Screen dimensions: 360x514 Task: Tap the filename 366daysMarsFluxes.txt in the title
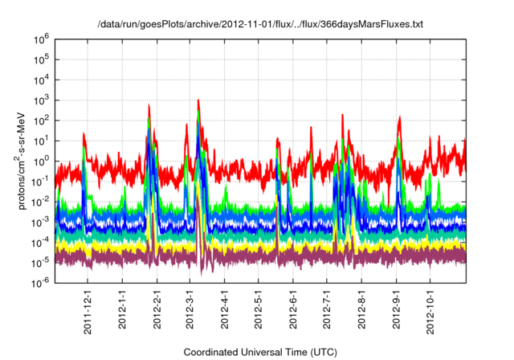373,25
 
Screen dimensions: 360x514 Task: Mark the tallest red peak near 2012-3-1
198,100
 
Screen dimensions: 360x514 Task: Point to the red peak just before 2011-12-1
84,133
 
